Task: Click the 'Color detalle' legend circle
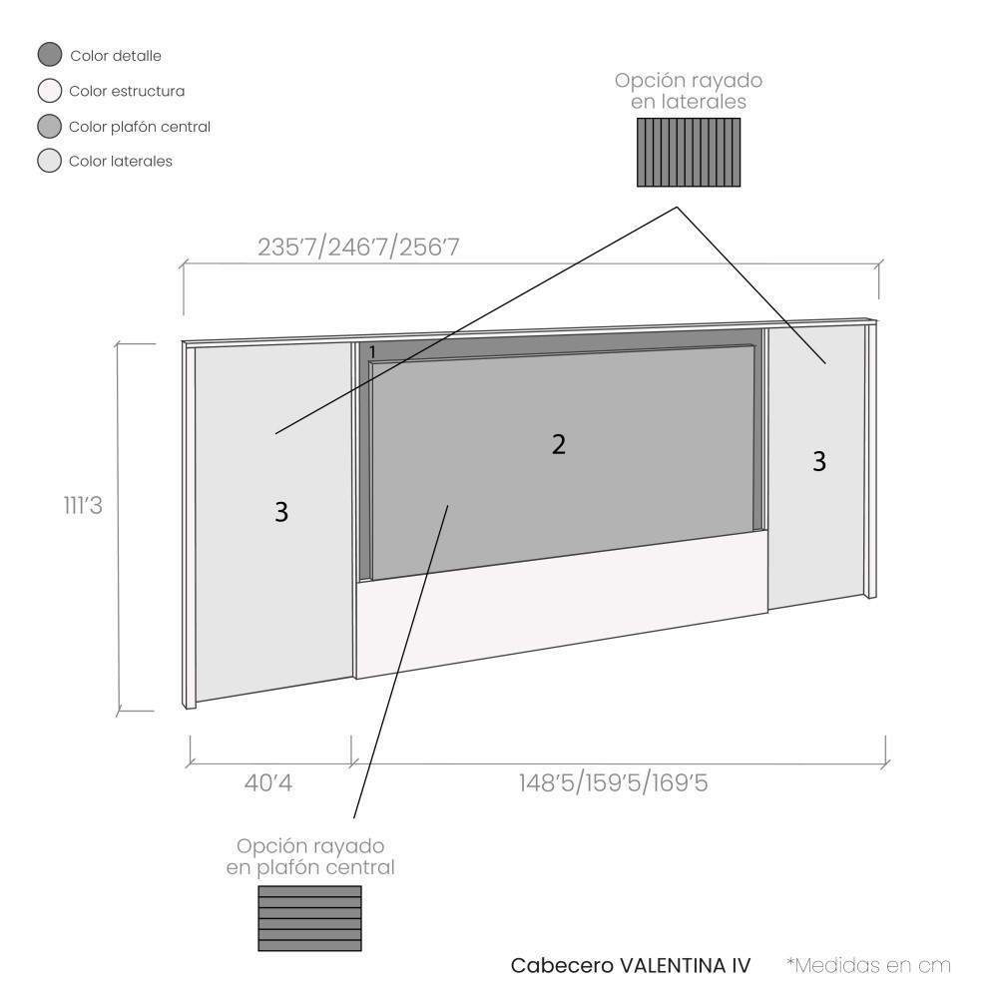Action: pyautogui.click(x=50, y=55)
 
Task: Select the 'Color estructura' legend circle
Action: pyautogui.click(x=50, y=91)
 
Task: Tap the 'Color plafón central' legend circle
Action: pyautogui.click(x=50, y=126)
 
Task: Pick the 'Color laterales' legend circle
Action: pyautogui.click(x=50, y=161)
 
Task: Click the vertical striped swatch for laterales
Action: pyautogui.click(x=689, y=152)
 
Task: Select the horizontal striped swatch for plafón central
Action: pyautogui.click(x=310, y=918)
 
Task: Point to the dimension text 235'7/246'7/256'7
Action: pyautogui.click(x=358, y=247)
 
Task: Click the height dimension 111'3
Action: pyautogui.click(x=83, y=505)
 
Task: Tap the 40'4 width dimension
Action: pyautogui.click(x=267, y=782)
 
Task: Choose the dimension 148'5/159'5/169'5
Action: pyautogui.click(x=613, y=782)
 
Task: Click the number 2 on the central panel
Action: pyautogui.click(x=558, y=444)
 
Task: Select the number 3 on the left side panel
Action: pyautogui.click(x=281, y=512)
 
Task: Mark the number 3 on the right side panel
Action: pyautogui.click(x=819, y=461)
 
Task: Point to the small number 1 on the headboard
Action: pyautogui.click(x=372, y=351)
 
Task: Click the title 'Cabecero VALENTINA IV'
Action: pyautogui.click(x=631, y=965)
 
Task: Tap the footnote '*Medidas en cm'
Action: pyautogui.click(x=868, y=965)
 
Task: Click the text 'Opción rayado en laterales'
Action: pyautogui.click(x=689, y=91)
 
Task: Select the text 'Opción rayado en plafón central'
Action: pyautogui.click(x=310, y=856)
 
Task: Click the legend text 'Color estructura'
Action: pyautogui.click(x=127, y=91)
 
